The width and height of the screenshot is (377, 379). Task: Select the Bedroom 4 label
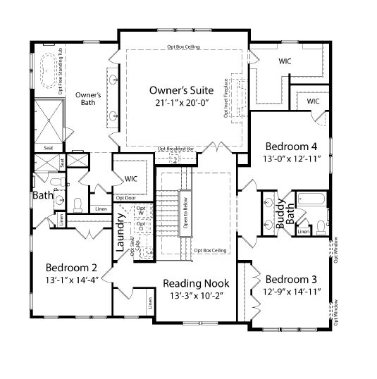tap(291, 147)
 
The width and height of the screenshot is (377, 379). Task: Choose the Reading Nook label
tap(196, 283)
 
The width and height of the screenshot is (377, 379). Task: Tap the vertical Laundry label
tap(120, 238)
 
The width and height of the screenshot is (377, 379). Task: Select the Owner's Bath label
tap(89, 99)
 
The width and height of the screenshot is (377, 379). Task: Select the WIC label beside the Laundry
tap(131, 178)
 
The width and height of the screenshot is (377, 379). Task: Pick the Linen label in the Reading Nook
tap(149, 304)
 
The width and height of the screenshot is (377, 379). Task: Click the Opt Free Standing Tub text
tap(61, 71)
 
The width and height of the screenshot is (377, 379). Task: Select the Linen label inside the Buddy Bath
tap(302, 231)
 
